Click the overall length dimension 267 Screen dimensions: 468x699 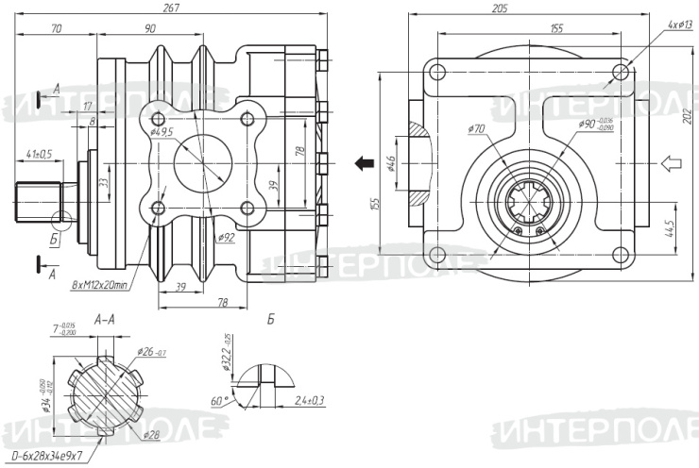[x=171, y=8]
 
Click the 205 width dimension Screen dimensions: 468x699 [x=500, y=8]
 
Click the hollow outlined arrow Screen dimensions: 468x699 [x=671, y=164]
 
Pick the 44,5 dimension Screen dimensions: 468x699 [x=668, y=230]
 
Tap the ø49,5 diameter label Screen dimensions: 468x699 [x=163, y=131]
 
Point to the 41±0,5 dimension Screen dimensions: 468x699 [x=40, y=153]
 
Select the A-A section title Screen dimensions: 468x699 [x=106, y=321]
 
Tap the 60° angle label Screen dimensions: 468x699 [x=220, y=401]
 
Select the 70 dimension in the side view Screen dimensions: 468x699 [x=56, y=30]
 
